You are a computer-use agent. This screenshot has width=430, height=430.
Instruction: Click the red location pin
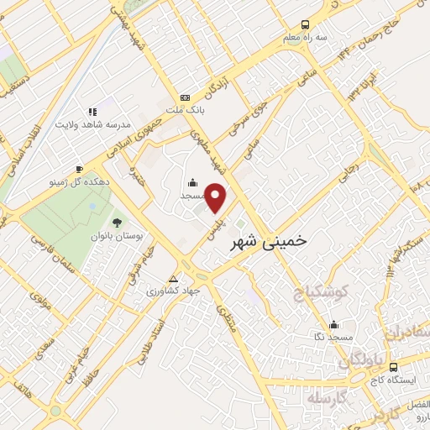[x=217, y=198]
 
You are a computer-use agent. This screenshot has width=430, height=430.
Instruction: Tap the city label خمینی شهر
[x=273, y=239]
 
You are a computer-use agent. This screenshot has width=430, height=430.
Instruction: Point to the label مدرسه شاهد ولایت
[x=94, y=124]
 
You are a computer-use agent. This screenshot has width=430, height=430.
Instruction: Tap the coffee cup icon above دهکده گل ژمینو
[x=79, y=168]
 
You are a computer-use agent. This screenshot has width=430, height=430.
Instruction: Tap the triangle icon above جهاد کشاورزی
[x=174, y=278]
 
